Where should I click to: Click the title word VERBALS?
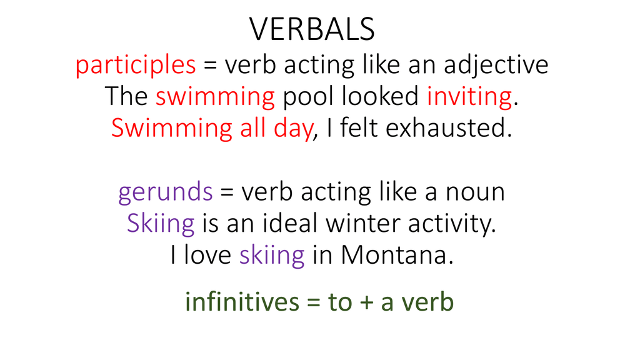click(312, 29)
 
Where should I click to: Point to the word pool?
click(308, 96)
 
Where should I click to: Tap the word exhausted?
click(449, 128)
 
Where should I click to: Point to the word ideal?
click(289, 224)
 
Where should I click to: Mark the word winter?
click(362, 224)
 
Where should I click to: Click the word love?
click(207, 256)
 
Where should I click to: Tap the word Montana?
click(397, 256)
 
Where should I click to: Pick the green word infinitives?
click(242, 302)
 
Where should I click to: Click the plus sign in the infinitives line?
click(366, 304)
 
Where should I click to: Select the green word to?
click(339, 303)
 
